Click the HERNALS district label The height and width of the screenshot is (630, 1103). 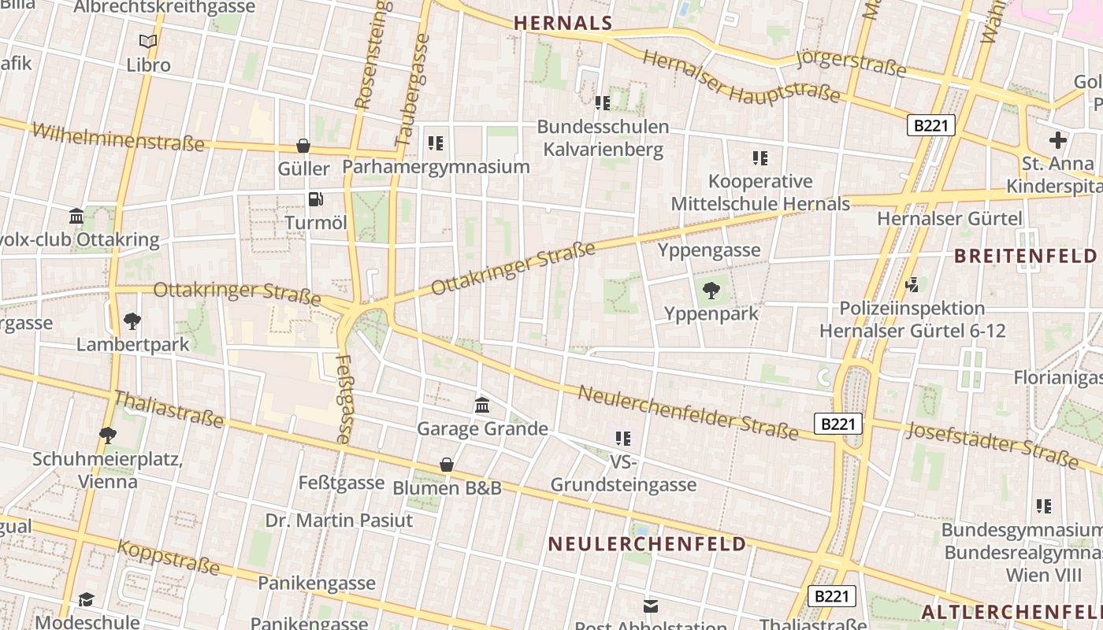click(x=563, y=24)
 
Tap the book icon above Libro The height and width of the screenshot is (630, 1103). click(x=148, y=42)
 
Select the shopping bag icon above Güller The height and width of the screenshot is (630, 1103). click(x=303, y=146)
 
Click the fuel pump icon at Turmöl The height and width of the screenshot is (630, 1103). click(x=315, y=200)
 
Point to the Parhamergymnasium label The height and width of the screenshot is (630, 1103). click(x=436, y=167)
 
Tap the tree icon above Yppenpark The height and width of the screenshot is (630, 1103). click(x=711, y=291)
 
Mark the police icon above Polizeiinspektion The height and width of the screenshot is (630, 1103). click(x=912, y=284)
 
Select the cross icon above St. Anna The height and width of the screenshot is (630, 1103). click(x=1057, y=141)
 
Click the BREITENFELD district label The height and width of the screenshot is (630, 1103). click(x=1025, y=256)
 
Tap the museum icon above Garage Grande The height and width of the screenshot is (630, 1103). click(x=482, y=406)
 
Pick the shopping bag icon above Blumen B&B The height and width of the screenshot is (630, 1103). click(x=447, y=465)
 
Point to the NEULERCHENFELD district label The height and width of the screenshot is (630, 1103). click(x=647, y=544)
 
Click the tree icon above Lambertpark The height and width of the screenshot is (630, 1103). click(x=132, y=321)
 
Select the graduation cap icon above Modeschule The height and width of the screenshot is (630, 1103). click(x=87, y=600)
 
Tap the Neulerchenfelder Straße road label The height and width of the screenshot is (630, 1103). click(x=688, y=412)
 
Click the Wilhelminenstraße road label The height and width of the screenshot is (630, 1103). click(x=117, y=136)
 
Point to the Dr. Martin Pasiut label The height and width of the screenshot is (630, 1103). click(x=339, y=521)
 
